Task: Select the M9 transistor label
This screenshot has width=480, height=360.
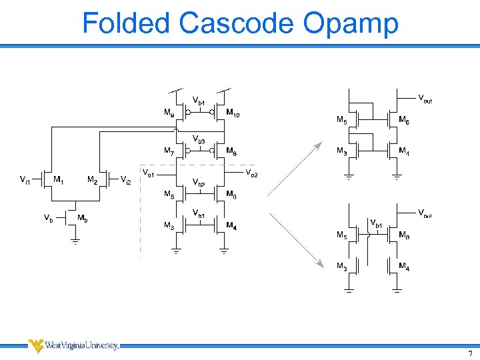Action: pos(170,113)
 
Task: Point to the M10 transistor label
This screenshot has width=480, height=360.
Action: pos(233,113)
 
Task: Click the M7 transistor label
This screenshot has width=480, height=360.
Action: pos(170,151)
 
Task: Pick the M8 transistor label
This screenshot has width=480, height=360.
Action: pos(231,151)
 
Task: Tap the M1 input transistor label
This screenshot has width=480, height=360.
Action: pos(59,179)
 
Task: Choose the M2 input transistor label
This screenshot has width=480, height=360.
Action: pos(93,179)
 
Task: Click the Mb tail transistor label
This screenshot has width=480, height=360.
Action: pos(83,218)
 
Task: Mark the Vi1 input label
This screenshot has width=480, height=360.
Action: pos(24,179)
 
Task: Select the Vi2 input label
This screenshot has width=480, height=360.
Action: pos(125,179)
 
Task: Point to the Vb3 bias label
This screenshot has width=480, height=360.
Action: pos(199,139)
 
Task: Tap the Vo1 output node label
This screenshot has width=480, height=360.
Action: pos(149,175)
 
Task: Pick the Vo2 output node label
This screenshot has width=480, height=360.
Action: pos(252,174)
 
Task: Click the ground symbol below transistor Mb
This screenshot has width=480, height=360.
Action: pos(75,241)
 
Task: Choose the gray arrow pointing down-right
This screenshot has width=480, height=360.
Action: pos(296,241)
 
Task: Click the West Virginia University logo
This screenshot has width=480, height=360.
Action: pos(73,345)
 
